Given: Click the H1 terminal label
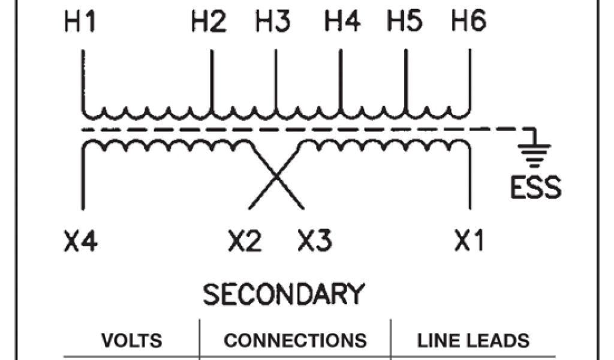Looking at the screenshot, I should (x=80, y=23).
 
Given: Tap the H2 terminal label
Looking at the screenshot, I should (x=209, y=23).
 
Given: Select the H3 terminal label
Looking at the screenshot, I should (x=273, y=23).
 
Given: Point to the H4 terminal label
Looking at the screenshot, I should (x=342, y=23).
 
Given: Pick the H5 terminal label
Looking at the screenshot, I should (x=405, y=23).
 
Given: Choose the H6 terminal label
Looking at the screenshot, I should (x=468, y=23).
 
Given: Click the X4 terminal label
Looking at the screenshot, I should (x=80, y=242).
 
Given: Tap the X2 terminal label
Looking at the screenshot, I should (x=245, y=242).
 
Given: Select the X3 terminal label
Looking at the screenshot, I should (x=315, y=242).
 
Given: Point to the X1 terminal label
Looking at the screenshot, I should (x=469, y=242).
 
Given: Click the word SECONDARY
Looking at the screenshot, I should (x=284, y=295).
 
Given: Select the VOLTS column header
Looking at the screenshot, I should (x=132, y=341).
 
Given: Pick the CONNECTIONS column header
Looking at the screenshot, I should (x=295, y=341).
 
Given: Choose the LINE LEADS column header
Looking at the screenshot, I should (x=473, y=341).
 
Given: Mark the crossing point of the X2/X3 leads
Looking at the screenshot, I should (x=276, y=177).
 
